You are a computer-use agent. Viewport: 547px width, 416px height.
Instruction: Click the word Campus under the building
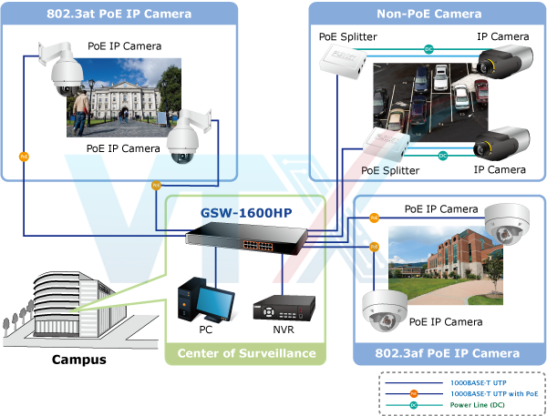[77, 360]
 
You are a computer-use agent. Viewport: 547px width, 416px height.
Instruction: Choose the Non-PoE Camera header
[428, 14]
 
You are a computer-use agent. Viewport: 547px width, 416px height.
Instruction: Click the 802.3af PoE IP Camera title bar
[449, 353]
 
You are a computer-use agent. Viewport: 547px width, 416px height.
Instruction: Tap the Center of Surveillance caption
[246, 353]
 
